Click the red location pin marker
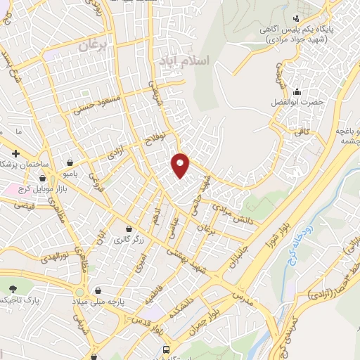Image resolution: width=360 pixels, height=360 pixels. [x=181, y=165]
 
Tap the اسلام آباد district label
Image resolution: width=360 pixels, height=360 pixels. [x=185, y=60]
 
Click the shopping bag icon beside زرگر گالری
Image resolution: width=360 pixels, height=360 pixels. [x=129, y=229]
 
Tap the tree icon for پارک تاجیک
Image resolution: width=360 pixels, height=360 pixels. [x=13, y=289]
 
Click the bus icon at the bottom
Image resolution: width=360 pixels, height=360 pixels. [x=167, y=349]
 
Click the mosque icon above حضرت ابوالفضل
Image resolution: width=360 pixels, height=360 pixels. [x=297, y=91]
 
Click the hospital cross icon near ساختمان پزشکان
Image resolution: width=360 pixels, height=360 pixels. [x=15, y=153]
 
